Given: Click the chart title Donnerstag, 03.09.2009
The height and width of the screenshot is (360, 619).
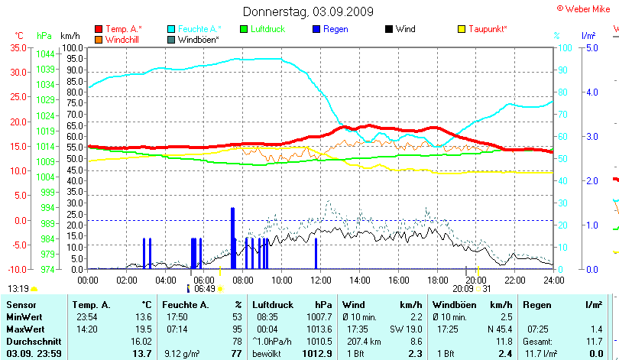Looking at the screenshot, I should pos(308,11).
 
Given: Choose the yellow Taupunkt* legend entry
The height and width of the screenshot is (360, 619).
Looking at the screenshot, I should pos(488,29).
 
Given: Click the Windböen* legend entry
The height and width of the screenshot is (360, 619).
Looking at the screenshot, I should pos(198,39).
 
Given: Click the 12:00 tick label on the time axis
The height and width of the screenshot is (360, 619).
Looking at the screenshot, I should pos(321,280).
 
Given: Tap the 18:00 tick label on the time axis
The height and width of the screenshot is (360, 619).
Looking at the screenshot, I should pos(437,280).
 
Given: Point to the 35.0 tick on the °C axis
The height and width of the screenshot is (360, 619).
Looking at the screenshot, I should pos(18,47).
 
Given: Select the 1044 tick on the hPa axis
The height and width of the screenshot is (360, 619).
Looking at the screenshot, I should pos(45,54).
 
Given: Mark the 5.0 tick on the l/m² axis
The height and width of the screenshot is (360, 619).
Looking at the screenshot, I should pos(591,47).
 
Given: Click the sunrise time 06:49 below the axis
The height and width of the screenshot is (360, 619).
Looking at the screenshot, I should pos(204,289).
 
